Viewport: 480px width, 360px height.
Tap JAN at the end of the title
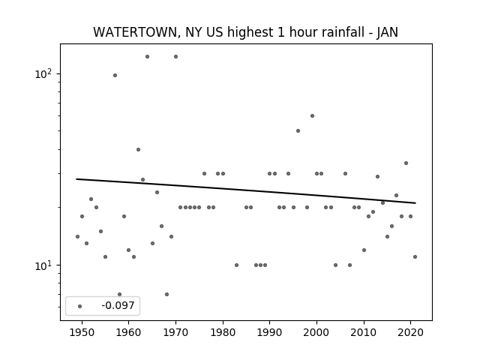387,32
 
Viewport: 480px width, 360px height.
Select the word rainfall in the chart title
344,32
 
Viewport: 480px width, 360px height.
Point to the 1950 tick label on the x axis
82,332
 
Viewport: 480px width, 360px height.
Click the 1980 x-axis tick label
223,332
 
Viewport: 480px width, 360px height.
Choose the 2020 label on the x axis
410,332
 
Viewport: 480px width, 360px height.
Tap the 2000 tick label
316,332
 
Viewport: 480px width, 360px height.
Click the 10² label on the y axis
45,73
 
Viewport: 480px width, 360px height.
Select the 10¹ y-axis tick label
45,265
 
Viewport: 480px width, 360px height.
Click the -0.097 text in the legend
118,305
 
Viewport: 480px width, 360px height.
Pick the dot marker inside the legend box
79,306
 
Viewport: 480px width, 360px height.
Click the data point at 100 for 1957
115,75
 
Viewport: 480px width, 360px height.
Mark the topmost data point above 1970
175,57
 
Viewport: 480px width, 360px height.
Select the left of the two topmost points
147,57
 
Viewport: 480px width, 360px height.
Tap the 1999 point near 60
312,115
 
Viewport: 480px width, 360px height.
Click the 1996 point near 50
298,130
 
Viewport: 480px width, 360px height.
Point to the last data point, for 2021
415,256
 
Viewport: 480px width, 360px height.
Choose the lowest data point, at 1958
119,295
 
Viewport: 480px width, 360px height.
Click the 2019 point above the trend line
406,163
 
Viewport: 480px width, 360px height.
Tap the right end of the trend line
415,203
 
